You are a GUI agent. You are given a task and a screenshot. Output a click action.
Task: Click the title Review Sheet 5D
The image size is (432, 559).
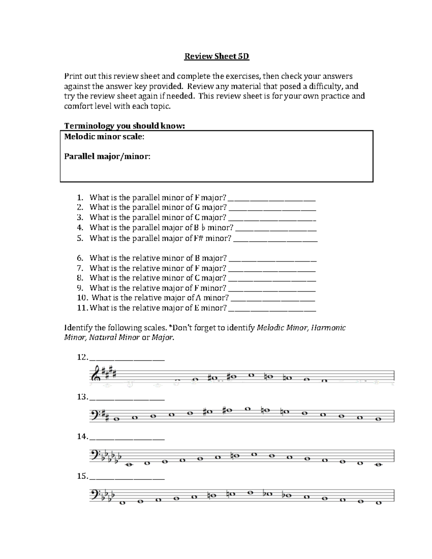(216, 57)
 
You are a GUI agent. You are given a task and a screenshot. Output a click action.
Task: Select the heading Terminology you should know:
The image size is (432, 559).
(124, 126)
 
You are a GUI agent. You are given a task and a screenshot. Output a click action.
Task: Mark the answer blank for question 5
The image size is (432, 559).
(275, 239)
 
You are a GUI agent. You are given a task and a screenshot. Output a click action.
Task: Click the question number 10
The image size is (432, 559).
(81, 298)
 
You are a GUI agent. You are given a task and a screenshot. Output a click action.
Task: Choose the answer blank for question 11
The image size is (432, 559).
(272, 309)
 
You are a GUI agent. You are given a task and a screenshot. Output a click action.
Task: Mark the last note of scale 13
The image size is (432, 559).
(378, 419)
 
